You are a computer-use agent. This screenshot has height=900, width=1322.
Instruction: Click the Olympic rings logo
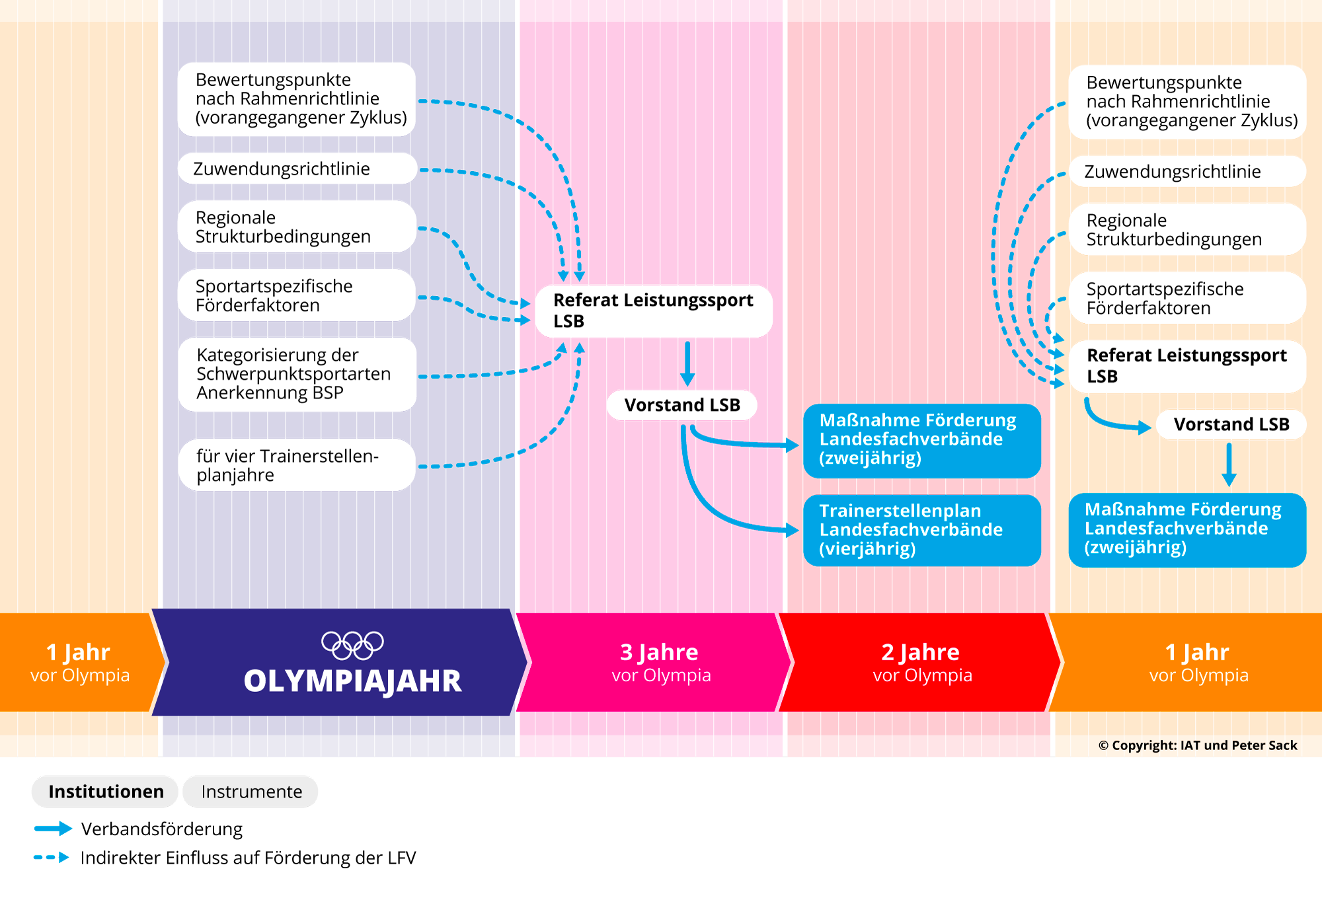tap(352, 645)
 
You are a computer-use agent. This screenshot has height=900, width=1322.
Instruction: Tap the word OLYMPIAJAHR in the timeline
tap(352, 681)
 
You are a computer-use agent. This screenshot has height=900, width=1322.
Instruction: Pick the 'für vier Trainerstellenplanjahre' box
tap(297, 465)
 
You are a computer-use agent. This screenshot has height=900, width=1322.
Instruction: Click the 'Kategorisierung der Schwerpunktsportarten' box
tap(297, 374)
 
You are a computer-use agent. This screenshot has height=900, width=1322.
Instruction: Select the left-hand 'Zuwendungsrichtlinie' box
tap(297, 169)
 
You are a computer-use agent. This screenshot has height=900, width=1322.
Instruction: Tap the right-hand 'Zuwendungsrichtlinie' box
tap(1187, 171)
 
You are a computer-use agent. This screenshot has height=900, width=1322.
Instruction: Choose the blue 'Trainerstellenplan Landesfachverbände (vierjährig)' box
tap(922, 530)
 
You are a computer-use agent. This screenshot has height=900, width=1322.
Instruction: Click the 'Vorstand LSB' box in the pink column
tap(682, 405)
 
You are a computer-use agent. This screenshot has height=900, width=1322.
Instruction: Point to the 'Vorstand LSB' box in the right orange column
tap(1231, 424)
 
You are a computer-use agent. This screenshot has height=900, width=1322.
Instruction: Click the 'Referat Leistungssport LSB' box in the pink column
tap(654, 311)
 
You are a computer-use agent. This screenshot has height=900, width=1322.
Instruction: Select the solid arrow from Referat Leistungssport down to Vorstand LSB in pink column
tap(687, 363)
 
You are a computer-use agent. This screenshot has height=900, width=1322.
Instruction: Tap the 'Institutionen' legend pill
tap(105, 792)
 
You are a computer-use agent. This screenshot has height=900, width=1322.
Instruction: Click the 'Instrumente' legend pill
tap(251, 792)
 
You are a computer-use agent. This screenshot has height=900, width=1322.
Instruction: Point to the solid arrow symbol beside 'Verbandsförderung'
tap(53, 829)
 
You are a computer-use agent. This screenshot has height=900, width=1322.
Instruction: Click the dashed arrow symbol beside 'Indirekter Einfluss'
tap(52, 858)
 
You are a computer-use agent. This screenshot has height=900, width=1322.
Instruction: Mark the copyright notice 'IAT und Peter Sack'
tap(1198, 745)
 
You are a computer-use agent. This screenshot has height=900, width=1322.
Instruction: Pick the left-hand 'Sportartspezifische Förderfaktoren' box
tap(297, 295)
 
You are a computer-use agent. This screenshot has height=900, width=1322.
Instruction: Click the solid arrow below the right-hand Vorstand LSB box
tap(1229, 465)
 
